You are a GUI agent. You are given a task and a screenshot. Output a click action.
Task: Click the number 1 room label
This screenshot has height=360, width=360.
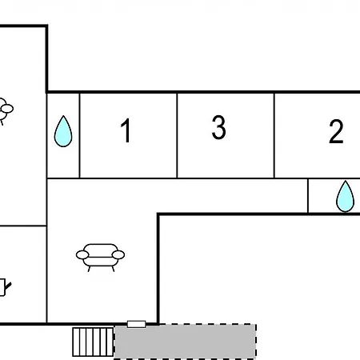coord(126,130)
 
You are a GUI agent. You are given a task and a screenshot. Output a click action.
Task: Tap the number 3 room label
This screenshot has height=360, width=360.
coord(218,127)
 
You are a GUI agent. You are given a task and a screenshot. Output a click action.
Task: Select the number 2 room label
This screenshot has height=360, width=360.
coord(336,131)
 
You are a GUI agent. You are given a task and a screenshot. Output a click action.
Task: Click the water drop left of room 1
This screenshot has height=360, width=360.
coord(63,131)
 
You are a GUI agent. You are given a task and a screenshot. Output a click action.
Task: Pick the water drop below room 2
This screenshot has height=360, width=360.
coord(346,196)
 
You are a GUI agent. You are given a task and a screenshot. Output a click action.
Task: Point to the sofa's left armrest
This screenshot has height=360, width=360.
coord(82,254)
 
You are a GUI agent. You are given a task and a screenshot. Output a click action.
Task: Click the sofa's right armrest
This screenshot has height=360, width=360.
coord(118,254)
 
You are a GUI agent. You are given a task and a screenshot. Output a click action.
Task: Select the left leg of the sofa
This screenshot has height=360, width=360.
coord(89,269)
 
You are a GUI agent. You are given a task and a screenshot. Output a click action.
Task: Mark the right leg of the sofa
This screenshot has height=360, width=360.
coord(113,269)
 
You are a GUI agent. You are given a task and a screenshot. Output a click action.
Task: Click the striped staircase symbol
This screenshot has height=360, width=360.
coord(93,342)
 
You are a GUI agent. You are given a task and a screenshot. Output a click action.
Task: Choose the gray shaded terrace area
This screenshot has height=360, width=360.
coord(185,342)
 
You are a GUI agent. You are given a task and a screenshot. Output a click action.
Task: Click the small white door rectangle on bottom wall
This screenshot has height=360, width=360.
coord(137,324)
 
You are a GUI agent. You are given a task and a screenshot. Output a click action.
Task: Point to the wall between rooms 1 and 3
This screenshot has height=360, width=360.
coord(177,135)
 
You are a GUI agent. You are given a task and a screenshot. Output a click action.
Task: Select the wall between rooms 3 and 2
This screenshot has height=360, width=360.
coord(274,135)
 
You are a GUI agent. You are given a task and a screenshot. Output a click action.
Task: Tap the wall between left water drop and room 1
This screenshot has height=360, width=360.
coord(79,135)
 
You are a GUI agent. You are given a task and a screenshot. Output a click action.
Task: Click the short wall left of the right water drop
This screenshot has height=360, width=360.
coord(308,196)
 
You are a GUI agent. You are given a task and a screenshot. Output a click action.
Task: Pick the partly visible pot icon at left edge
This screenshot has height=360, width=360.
coord(5,287)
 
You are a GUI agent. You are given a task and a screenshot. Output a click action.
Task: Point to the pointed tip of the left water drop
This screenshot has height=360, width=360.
coord(63,115)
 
